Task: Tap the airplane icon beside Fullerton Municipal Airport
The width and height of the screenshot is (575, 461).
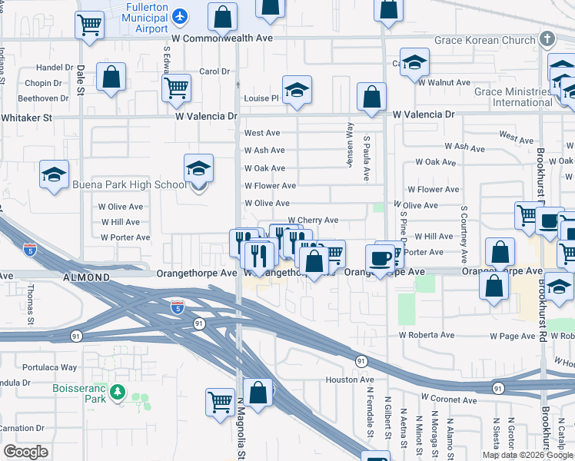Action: pyautogui.click(x=181, y=15)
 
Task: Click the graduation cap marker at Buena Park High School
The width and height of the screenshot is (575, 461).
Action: pyautogui.click(x=198, y=168)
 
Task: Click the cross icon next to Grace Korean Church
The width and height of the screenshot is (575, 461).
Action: pyautogui.click(x=547, y=38)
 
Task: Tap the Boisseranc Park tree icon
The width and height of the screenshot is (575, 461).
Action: pyautogui.click(x=117, y=393)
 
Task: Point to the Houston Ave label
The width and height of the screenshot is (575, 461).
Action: pyautogui.click(x=350, y=380)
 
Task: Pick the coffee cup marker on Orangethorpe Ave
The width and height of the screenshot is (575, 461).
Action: pyautogui.click(x=380, y=257)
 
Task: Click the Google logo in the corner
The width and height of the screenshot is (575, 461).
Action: pyautogui.click(x=25, y=452)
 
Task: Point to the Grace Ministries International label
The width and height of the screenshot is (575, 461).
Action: pyautogui.click(x=512, y=97)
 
